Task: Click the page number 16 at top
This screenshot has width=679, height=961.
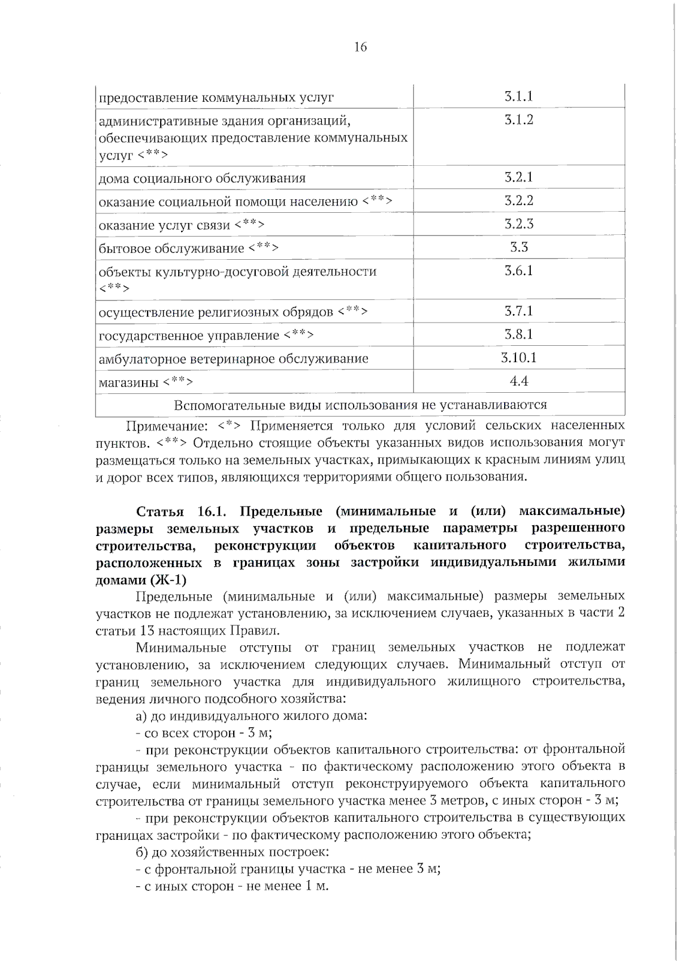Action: (x=360, y=47)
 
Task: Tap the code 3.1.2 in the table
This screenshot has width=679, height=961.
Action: (x=518, y=119)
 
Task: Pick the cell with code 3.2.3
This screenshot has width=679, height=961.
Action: (x=518, y=224)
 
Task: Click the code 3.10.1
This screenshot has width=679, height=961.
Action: (x=518, y=357)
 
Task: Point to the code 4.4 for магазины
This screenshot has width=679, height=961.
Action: (x=518, y=381)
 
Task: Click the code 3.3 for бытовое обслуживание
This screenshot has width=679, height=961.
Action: (x=518, y=247)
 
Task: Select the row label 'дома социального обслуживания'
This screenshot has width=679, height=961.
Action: (x=202, y=178)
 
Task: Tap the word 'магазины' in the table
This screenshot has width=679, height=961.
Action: (x=128, y=383)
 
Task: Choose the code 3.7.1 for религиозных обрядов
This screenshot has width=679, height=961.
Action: (x=518, y=311)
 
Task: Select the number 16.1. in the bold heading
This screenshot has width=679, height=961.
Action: (x=212, y=512)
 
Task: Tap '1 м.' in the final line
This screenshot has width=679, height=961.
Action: (x=316, y=886)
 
